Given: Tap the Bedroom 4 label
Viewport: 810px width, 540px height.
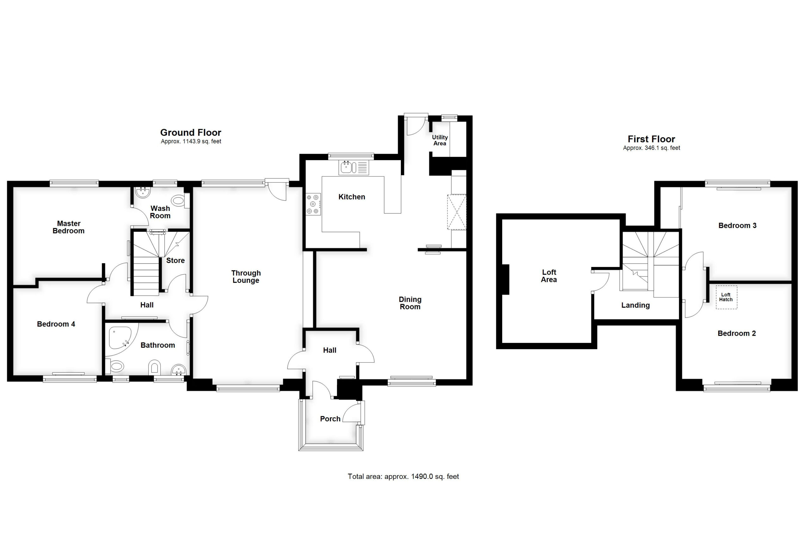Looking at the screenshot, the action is tap(56, 324).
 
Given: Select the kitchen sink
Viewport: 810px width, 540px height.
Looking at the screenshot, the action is tap(354, 167).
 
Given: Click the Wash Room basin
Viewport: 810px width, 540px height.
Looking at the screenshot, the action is tap(143, 193).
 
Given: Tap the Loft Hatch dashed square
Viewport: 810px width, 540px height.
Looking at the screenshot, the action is tap(727, 297).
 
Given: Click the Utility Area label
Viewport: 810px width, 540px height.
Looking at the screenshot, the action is tap(440, 140).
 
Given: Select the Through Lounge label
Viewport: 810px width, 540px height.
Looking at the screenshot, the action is tap(246, 276).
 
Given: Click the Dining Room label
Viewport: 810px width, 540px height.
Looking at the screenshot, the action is tap(410, 303).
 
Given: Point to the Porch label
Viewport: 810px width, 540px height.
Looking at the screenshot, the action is tap(330, 419).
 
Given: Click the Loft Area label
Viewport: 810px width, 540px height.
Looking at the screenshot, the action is tap(549, 276).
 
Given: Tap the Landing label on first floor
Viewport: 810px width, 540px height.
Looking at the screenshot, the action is tap(635, 305).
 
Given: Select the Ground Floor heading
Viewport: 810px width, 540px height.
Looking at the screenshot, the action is tap(191, 133).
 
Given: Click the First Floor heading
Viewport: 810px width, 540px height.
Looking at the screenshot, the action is tap(651, 139).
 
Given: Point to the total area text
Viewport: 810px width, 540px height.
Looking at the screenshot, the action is tap(403, 477).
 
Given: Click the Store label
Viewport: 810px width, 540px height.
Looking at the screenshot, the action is tap(175, 260).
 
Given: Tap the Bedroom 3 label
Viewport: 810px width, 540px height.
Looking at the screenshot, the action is tap(737, 226).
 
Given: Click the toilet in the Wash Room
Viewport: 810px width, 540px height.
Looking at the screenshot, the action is tap(180, 201).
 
